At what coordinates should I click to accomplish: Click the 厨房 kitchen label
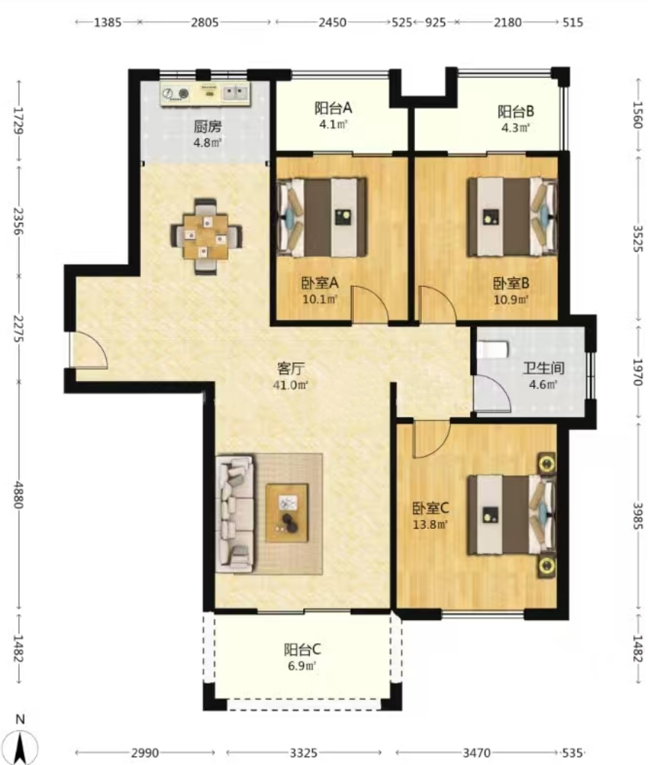pyautogui.click(x=208, y=127)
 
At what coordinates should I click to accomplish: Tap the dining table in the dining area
pyautogui.click(x=206, y=237)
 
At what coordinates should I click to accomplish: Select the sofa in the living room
pyautogui.click(x=235, y=514)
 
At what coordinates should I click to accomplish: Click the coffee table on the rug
pyautogui.click(x=287, y=512)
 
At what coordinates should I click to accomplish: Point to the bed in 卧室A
pyautogui.click(x=322, y=217)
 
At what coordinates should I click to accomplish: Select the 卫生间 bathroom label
pyautogui.click(x=543, y=368)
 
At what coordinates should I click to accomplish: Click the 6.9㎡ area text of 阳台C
pyautogui.click(x=302, y=666)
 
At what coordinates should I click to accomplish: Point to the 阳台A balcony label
pyautogui.click(x=333, y=108)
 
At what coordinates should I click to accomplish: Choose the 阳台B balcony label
pyautogui.click(x=516, y=111)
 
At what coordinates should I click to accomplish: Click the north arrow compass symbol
pyautogui.click(x=20, y=742)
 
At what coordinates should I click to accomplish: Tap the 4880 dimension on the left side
pyautogui.click(x=18, y=495)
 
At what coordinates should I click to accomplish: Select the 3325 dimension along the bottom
pyautogui.click(x=303, y=753)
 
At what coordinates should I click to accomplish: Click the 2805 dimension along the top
pyautogui.click(x=205, y=22)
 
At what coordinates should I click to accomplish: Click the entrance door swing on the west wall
pyautogui.click(x=89, y=350)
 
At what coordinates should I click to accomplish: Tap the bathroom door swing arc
pyautogui.click(x=493, y=394)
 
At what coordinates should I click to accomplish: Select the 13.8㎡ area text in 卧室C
pyautogui.click(x=430, y=525)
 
